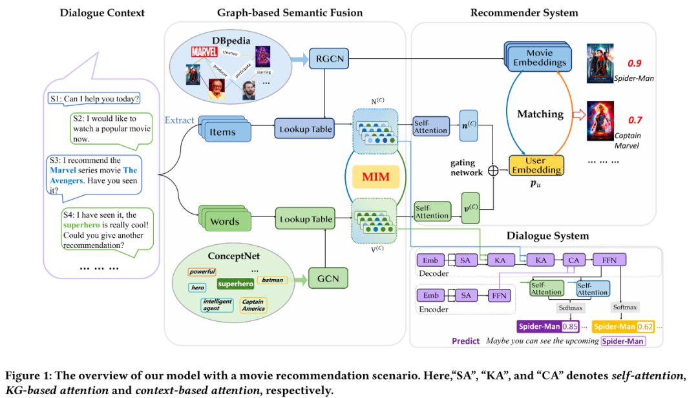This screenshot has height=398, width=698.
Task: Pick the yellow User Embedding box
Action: (535, 165)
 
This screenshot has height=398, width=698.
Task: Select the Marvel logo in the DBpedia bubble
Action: (204, 51)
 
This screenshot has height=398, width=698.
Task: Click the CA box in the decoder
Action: (572, 260)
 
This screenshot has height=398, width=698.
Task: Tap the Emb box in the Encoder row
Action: (430, 296)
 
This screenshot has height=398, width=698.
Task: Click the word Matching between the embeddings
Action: (541, 114)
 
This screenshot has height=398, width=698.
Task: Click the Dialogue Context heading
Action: (102, 12)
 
